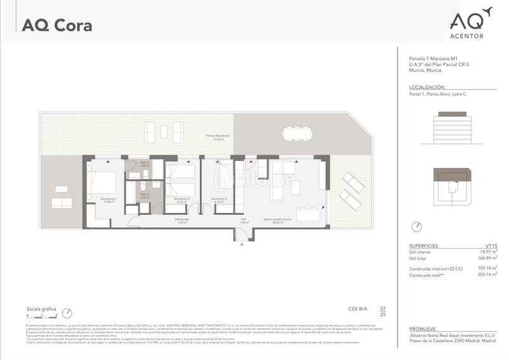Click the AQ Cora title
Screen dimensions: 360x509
click(x=57, y=26)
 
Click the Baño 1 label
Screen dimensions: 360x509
click(x=144, y=163)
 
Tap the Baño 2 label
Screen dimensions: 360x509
click(x=144, y=195)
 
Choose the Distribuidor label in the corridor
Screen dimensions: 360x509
click(x=183, y=221)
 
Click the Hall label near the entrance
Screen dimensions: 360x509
click(x=243, y=221)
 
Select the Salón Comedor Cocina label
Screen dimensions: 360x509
click(x=277, y=221)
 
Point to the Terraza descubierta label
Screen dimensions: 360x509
click(x=217, y=137)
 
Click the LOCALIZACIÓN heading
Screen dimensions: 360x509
click(x=426, y=87)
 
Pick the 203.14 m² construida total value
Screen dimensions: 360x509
click(x=487, y=274)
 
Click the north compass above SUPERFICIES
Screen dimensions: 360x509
click(x=417, y=226)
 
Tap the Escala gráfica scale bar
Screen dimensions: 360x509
click(x=42, y=314)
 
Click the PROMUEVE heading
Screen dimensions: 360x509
click(x=422, y=329)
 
